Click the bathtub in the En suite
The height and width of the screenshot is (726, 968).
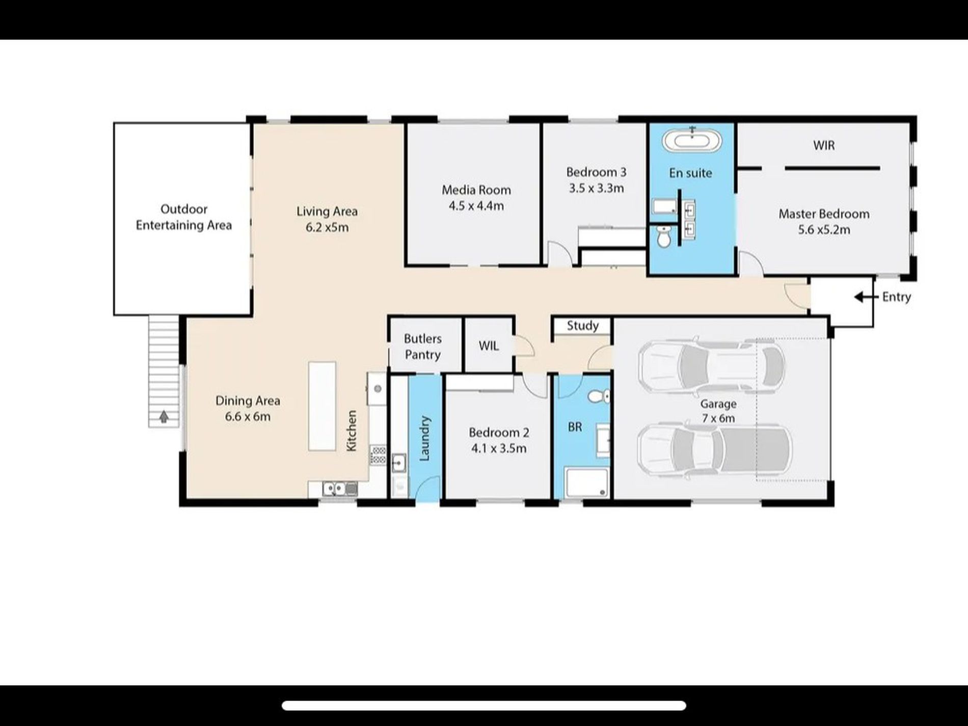[x=692, y=140]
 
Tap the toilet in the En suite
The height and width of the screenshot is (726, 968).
[x=664, y=236]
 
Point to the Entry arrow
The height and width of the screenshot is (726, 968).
[x=865, y=297]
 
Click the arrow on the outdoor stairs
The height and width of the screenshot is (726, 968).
[x=164, y=417]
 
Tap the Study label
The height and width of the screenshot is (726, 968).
[x=582, y=326]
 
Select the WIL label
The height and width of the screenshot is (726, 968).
[x=489, y=346]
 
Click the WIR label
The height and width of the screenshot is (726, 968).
[x=824, y=146]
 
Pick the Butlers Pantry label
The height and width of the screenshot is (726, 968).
[x=422, y=346]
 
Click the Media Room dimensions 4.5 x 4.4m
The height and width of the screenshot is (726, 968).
[x=476, y=206]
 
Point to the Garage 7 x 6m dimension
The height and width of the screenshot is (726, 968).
[x=718, y=418]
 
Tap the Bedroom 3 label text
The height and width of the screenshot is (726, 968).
[x=596, y=172]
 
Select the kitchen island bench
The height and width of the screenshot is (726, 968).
[x=322, y=406]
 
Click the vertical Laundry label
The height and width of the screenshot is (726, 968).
[x=424, y=439]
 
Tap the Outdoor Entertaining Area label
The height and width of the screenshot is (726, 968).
[x=183, y=217]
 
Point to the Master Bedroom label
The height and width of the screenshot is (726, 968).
[x=824, y=214]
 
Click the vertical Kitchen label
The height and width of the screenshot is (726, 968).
[x=352, y=431]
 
